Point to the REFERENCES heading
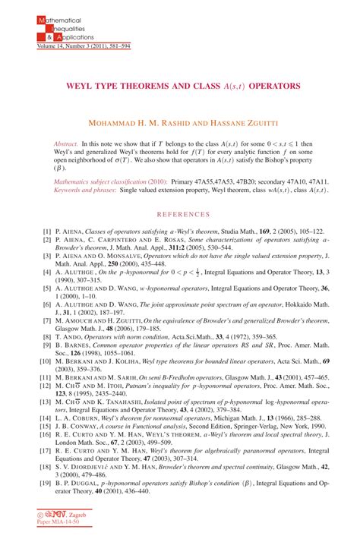tap(179, 214)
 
